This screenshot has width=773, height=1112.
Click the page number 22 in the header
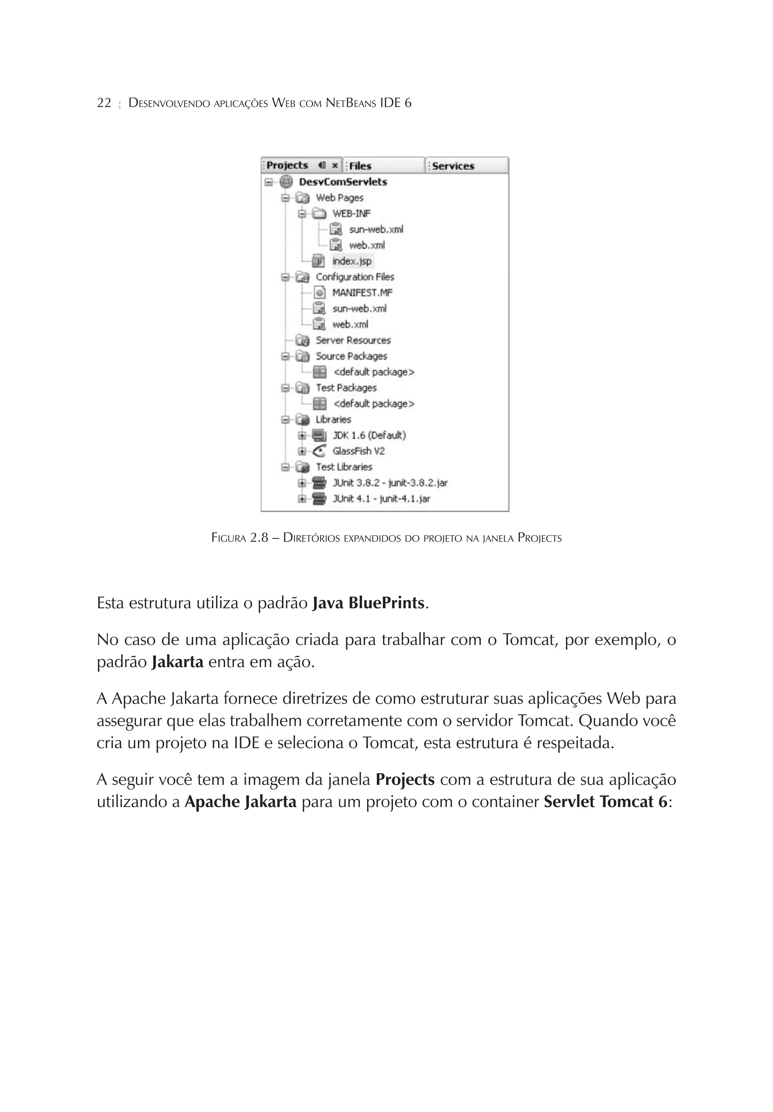pyautogui.click(x=104, y=103)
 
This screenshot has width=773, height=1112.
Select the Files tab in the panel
pyautogui.click(x=360, y=166)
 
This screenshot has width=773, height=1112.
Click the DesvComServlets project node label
pyautogui.click(x=343, y=182)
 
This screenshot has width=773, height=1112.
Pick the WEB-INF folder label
pyautogui.click(x=351, y=213)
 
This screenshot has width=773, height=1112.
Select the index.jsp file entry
pyautogui.click(x=352, y=261)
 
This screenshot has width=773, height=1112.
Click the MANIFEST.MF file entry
pyautogui.click(x=362, y=292)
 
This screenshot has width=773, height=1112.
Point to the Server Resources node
pyautogui.click(x=353, y=340)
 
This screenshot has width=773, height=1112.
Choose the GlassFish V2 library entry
pyautogui.click(x=358, y=451)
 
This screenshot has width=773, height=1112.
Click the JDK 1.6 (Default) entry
pyautogui.click(x=369, y=435)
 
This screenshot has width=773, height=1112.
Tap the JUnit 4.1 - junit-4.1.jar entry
pyautogui.click(x=381, y=498)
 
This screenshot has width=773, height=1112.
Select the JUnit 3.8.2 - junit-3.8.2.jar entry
pyautogui.click(x=390, y=483)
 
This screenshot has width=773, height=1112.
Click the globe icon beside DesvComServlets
pyautogui.click(x=286, y=182)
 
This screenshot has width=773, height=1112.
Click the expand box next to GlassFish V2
pyautogui.click(x=302, y=451)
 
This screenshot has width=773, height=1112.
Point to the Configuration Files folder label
pyautogui.click(x=355, y=277)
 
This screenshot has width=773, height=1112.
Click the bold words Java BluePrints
pyautogui.click(x=368, y=603)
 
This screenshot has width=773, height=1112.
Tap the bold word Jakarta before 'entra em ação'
pyautogui.click(x=177, y=662)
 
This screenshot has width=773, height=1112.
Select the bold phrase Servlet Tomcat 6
pyautogui.click(x=605, y=802)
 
